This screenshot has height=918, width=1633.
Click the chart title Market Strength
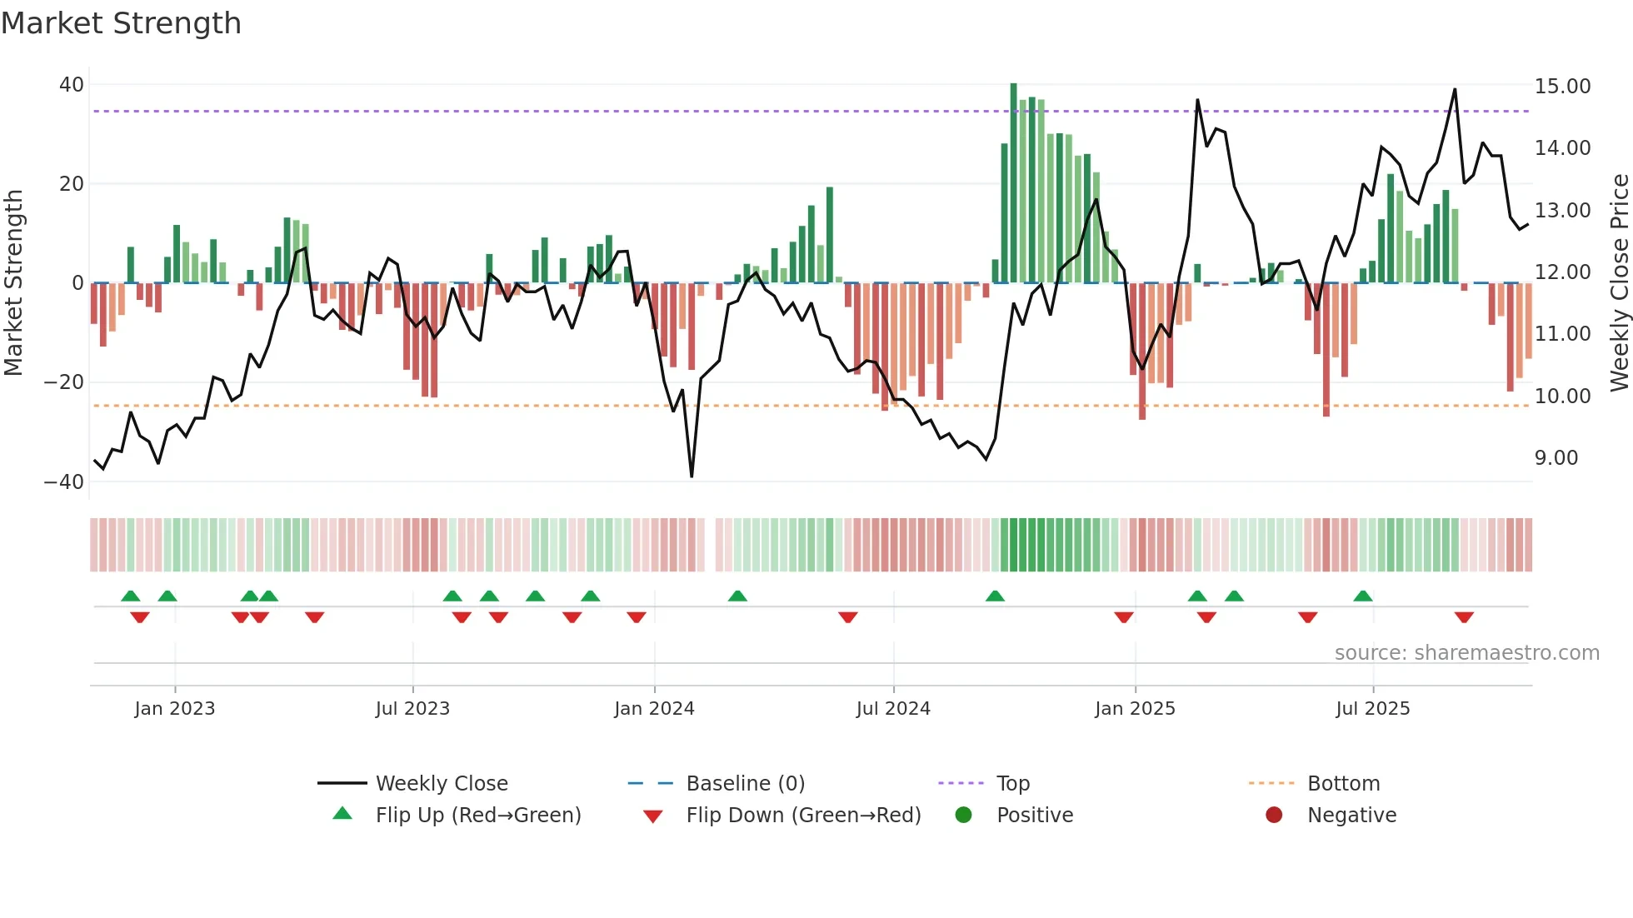pos(121,23)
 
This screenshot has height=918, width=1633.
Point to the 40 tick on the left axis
pos(72,85)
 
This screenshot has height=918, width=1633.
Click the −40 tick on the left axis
pos(64,482)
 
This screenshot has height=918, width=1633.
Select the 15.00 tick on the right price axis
pos(1562,87)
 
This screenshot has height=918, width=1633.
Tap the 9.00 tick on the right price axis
pos(1556,458)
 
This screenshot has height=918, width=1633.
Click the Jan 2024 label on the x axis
pos(654,709)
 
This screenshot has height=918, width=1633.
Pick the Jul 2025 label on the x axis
pos(1372,709)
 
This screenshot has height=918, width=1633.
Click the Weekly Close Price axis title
pos(1619,283)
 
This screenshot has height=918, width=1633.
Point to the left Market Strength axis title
pos(14,283)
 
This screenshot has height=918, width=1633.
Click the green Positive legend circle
pos(964,816)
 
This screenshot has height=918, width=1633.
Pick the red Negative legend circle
pos(1274,816)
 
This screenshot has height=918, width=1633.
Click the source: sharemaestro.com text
pos(1466,653)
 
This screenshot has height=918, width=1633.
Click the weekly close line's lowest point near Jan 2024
pos(692,476)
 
